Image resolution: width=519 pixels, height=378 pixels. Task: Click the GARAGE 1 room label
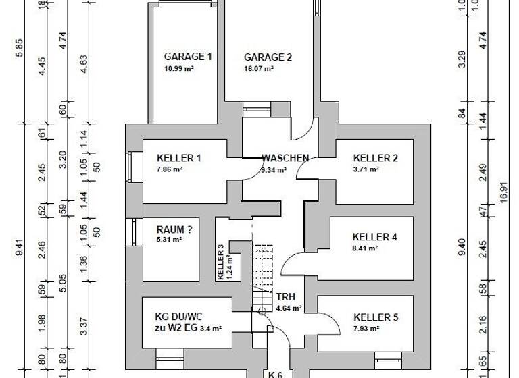click(x=188, y=57)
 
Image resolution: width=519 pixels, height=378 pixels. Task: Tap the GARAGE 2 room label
click(x=268, y=57)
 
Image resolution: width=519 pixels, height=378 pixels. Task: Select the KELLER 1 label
click(x=178, y=159)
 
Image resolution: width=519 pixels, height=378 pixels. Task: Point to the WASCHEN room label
click(x=285, y=159)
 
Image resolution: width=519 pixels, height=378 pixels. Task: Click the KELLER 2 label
click(x=375, y=159)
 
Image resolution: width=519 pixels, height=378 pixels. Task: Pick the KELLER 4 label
click(x=374, y=238)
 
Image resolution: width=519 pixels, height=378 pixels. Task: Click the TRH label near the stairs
click(x=285, y=296)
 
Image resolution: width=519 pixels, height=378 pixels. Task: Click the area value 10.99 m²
click(x=178, y=69)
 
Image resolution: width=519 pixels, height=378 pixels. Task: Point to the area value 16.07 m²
click(x=258, y=69)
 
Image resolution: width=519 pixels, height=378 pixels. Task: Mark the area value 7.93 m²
click(x=366, y=328)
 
